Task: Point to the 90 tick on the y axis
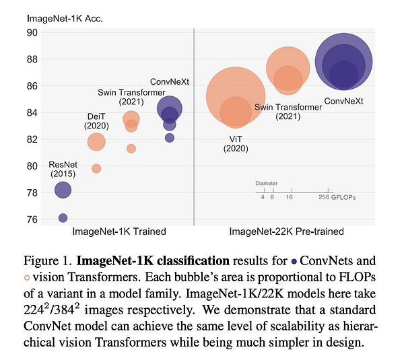32,32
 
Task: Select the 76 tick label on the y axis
32,219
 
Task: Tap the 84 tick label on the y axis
32,112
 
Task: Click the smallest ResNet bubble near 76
63,217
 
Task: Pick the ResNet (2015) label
62,169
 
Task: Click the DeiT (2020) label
96,120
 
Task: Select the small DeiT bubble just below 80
96,168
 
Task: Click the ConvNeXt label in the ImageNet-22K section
344,102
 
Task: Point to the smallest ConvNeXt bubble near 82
170,138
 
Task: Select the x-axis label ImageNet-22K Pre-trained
286,231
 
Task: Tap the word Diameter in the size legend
265,183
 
